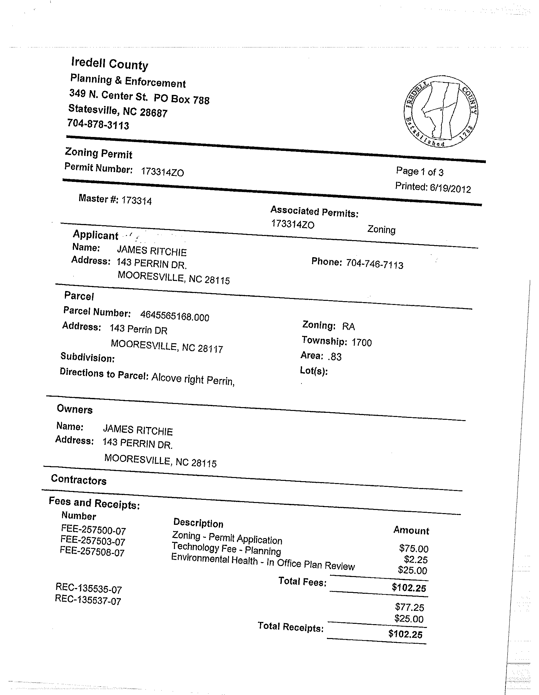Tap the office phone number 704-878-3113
pyautogui.click(x=98, y=124)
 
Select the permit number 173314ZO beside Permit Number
pyautogui.click(x=162, y=172)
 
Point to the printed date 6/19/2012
pyautogui.click(x=450, y=189)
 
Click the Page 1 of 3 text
pyautogui.click(x=419, y=172)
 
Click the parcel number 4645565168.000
pyautogui.click(x=175, y=316)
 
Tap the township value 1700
pyautogui.click(x=362, y=342)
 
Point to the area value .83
pyautogui.click(x=334, y=357)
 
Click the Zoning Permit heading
pyautogui.click(x=99, y=153)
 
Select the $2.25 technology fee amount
pyautogui.click(x=416, y=559)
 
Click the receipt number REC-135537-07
pyautogui.click(x=88, y=600)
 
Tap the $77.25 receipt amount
pyautogui.click(x=410, y=607)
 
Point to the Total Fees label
pyautogui.click(x=302, y=581)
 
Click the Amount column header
pyautogui.click(x=411, y=530)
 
